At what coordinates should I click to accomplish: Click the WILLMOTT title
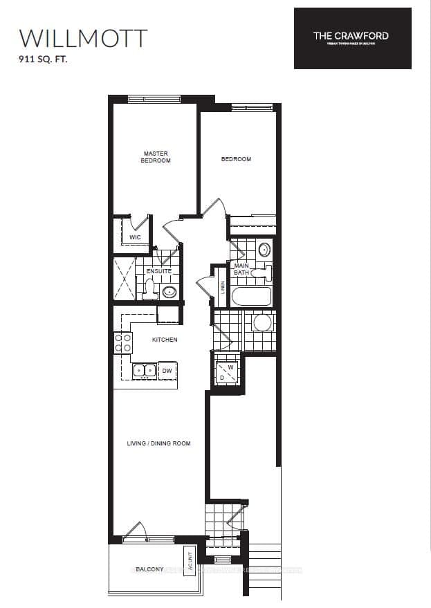pyautogui.click(x=83, y=37)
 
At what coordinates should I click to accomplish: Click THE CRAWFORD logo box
pyautogui.click(x=352, y=38)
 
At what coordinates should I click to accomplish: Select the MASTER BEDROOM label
pyautogui.click(x=156, y=157)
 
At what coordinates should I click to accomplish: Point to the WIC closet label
pyautogui.click(x=135, y=237)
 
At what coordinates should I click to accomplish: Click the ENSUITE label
pyautogui.click(x=158, y=271)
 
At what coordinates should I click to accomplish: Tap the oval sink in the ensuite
pyautogui.click(x=169, y=291)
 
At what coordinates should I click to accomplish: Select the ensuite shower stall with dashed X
pyautogui.click(x=124, y=277)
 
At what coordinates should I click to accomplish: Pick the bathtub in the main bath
pyautogui.click(x=251, y=296)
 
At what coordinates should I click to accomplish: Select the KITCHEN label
pyautogui.click(x=165, y=340)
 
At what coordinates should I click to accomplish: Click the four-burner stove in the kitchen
pyautogui.click(x=123, y=343)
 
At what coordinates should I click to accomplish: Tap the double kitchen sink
pyautogui.click(x=145, y=371)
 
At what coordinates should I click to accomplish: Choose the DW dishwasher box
pyautogui.click(x=167, y=371)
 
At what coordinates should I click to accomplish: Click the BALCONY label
pyautogui.click(x=149, y=569)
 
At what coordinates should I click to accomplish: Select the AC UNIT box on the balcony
pyautogui.click(x=189, y=560)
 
